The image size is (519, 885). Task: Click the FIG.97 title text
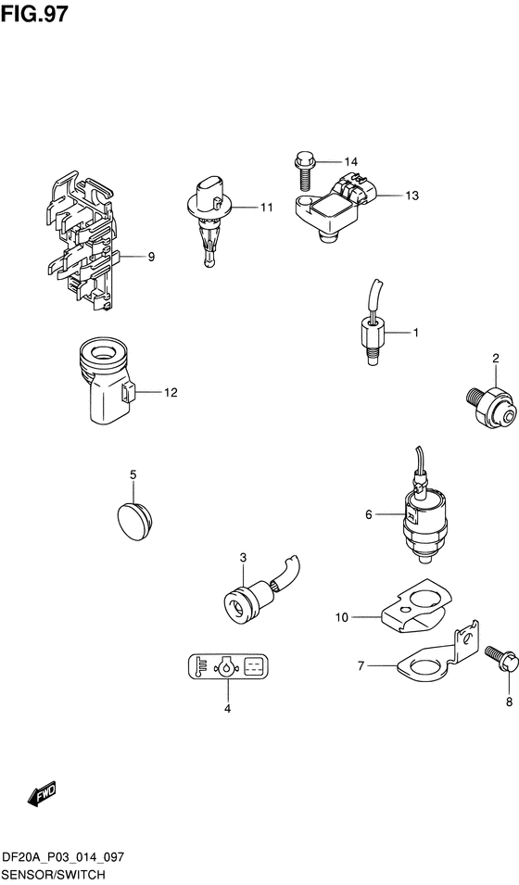34,14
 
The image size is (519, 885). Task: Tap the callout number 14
350,162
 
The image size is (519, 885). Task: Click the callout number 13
411,196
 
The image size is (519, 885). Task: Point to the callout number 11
266,208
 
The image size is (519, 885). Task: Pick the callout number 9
151,257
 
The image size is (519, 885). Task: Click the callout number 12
171,392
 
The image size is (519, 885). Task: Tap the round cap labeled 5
135,521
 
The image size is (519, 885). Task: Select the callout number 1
415,333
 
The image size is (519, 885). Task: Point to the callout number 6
369,514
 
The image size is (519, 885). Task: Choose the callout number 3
243,558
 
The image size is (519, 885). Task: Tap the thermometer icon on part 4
201,666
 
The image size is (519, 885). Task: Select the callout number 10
342,617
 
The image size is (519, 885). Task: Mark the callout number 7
361,666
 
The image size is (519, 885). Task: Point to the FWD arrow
42,795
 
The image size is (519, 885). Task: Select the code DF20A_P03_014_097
63,858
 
